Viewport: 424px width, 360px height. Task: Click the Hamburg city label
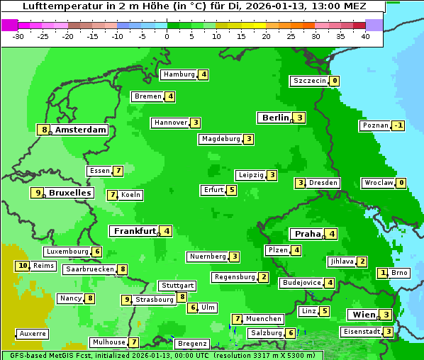pyautogui.click(x=179, y=74)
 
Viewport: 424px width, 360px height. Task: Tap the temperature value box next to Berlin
pyautogui.click(x=300, y=118)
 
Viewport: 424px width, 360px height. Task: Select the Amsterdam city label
pyautogui.click(x=81, y=130)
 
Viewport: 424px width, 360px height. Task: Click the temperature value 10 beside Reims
pyautogui.click(x=23, y=266)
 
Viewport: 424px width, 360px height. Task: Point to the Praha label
pyautogui.click(x=308, y=234)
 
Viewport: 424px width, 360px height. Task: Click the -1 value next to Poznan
pyautogui.click(x=398, y=125)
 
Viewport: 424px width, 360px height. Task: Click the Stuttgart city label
pyautogui.click(x=177, y=286)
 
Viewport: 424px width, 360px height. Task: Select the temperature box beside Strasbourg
pyautogui.click(x=127, y=300)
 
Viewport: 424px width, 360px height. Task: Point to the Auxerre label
pyautogui.click(x=33, y=334)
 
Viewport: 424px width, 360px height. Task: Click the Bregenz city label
pyautogui.click(x=191, y=344)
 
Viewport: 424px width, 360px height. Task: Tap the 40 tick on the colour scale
pyautogui.click(x=365, y=36)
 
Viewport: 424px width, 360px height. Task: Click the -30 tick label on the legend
pyautogui.click(x=18, y=36)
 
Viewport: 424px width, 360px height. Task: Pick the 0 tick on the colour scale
pyautogui.click(x=167, y=36)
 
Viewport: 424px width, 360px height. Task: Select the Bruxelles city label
pyautogui.click(x=70, y=193)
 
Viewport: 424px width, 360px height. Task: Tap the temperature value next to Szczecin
pyautogui.click(x=334, y=81)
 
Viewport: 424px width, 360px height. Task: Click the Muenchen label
pyautogui.click(x=264, y=319)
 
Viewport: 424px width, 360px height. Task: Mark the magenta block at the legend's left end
pyautogui.click(x=9, y=25)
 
